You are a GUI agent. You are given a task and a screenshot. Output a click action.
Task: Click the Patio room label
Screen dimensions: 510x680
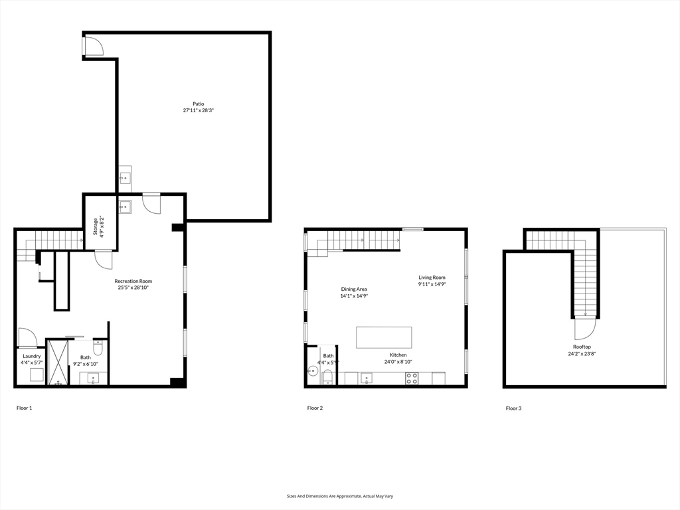(x=198, y=104)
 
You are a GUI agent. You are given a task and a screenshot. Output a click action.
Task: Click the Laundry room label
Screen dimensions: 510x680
(x=31, y=356)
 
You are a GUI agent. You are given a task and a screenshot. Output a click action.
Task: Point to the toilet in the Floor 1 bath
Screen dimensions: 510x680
(x=98, y=347)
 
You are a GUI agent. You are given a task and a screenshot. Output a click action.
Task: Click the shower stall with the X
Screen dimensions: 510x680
(x=58, y=362)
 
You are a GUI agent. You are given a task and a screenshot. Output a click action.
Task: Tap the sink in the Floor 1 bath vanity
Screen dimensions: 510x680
(x=93, y=379)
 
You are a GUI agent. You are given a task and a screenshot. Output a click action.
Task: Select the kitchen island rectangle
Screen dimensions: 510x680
(x=384, y=337)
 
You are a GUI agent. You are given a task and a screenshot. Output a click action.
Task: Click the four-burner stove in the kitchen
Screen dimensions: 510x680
(x=412, y=379)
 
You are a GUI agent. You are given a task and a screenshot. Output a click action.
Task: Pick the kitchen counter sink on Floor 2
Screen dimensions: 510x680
(x=366, y=379)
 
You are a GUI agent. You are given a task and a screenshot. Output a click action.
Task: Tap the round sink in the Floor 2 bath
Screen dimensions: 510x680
(x=313, y=371)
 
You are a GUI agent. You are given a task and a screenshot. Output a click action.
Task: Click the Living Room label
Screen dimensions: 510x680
(x=432, y=278)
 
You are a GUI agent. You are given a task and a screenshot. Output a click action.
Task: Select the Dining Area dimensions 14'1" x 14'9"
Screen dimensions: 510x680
(x=354, y=296)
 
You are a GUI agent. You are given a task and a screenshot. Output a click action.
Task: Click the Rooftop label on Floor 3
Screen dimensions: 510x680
(x=582, y=347)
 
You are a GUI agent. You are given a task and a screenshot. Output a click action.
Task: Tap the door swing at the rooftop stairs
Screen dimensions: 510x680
(x=585, y=329)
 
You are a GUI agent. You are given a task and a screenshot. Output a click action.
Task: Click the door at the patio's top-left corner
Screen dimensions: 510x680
(x=94, y=45)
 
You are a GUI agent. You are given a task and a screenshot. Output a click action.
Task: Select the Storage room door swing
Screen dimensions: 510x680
(x=103, y=260)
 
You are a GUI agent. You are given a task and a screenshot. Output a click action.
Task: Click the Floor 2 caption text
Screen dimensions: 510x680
(x=315, y=408)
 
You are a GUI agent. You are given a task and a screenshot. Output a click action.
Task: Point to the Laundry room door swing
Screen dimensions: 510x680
(x=27, y=338)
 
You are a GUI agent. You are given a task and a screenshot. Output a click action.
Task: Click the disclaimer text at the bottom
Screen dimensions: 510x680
(x=339, y=496)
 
